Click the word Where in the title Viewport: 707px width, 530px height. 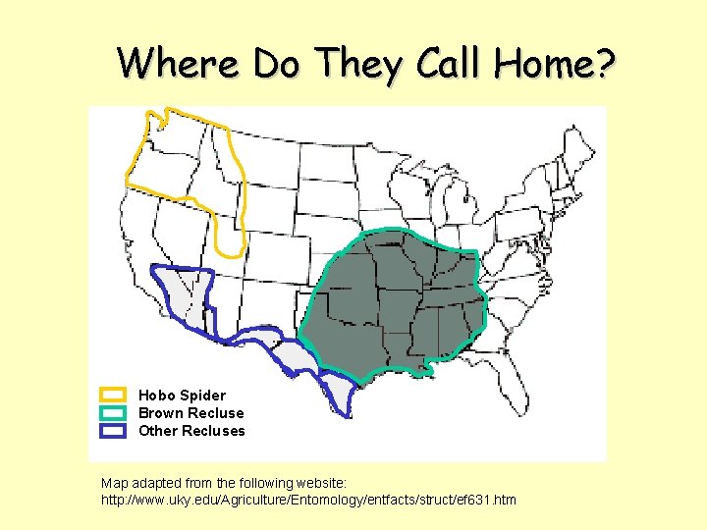tap(179, 64)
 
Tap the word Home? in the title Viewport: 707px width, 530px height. tap(556, 64)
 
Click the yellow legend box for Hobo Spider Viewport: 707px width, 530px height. tap(114, 396)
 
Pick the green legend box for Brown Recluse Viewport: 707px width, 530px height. tap(114, 413)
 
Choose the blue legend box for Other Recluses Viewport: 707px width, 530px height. tap(114, 431)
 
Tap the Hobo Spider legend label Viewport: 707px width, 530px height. tap(182, 396)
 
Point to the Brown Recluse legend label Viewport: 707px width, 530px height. tap(190, 413)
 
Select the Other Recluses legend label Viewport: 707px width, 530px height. tap(191, 431)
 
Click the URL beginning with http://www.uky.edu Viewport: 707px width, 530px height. tap(308, 501)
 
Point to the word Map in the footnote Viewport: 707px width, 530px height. tap(114, 484)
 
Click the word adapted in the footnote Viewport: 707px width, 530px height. tap(161, 484)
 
